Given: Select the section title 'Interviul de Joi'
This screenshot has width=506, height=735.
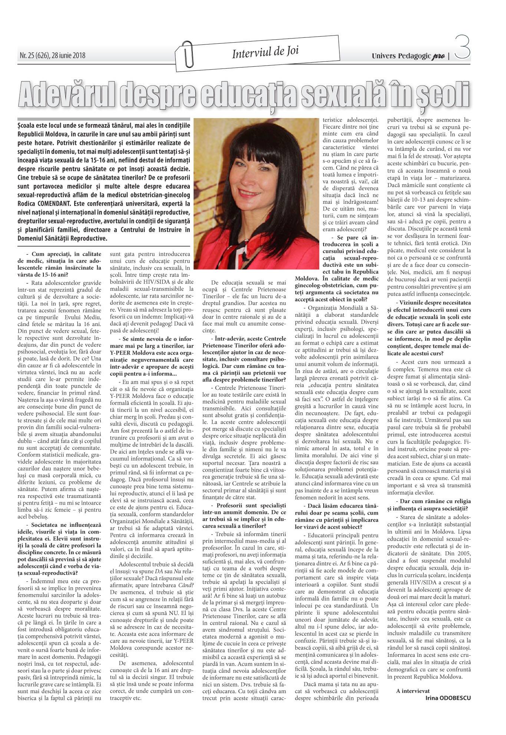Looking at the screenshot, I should [x=265, y=53].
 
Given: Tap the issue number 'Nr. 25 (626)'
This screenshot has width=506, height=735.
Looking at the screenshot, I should [x=35, y=56].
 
